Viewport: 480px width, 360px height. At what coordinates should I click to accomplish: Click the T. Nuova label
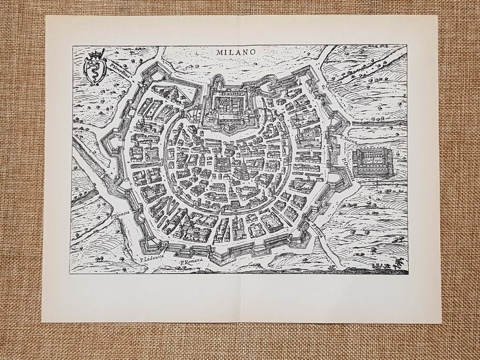349,138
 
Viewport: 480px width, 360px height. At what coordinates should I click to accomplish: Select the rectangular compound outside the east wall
373,162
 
